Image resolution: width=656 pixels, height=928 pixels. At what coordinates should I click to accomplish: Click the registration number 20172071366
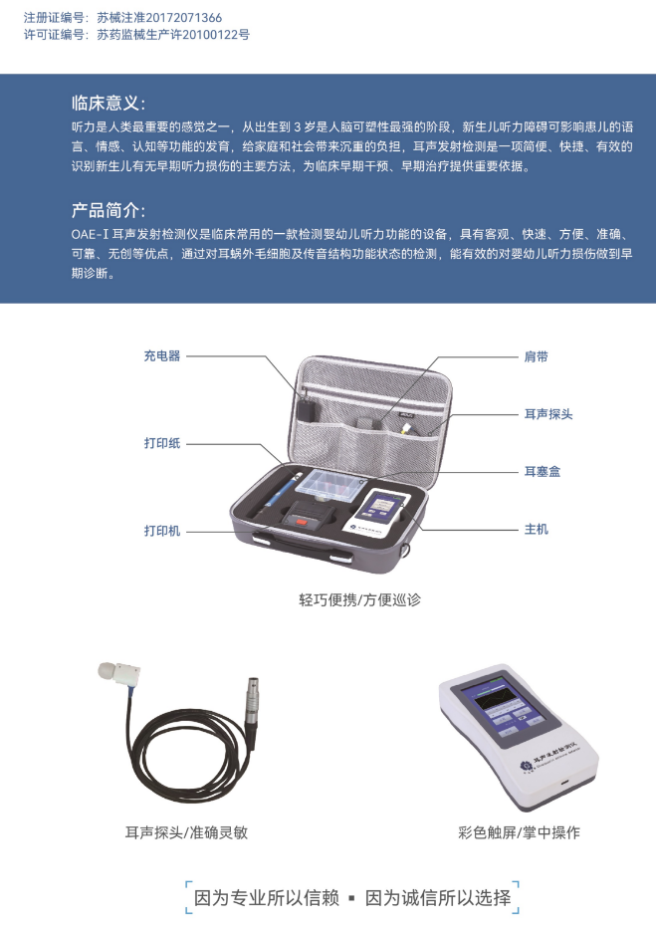pyautogui.click(x=183, y=18)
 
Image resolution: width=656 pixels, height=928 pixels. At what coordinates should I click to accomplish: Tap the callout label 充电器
pyautogui.click(x=162, y=355)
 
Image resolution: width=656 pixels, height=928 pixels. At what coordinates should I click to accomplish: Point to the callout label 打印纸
pyautogui.click(x=162, y=443)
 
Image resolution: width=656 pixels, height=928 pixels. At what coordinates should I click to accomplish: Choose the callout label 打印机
pyautogui.click(x=162, y=531)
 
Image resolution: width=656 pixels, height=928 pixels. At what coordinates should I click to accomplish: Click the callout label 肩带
pyautogui.click(x=537, y=356)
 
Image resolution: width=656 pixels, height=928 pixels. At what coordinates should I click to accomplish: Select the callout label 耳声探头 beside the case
pyautogui.click(x=548, y=414)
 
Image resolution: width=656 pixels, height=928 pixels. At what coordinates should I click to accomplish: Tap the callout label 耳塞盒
pyautogui.click(x=543, y=472)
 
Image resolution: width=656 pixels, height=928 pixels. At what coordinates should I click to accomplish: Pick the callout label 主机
pyautogui.click(x=537, y=529)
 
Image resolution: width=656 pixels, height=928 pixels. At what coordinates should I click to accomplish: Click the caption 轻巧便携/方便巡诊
pyautogui.click(x=359, y=600)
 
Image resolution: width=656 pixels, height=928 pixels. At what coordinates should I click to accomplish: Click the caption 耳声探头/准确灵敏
pyautogui.click(x=186, y=832)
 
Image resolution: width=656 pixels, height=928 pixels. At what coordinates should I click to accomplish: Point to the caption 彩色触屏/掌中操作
pyautogui.click(x=519, y=832)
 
